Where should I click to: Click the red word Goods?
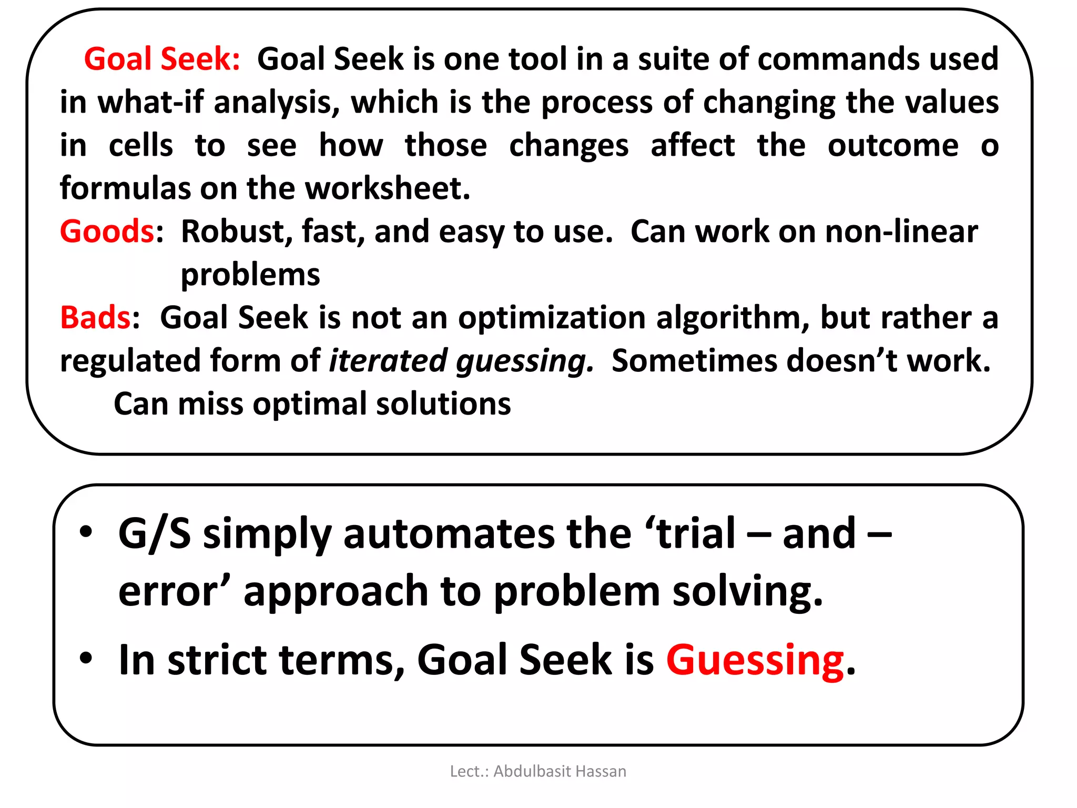point(107,231)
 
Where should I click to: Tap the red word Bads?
point(95,318)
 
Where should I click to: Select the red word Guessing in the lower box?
point(755,660)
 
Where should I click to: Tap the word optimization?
point(552,318)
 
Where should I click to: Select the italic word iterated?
point(388,361)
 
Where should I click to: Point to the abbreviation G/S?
point(155,534)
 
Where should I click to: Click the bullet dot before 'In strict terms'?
point(86,658)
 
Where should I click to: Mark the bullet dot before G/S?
point(86,531)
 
